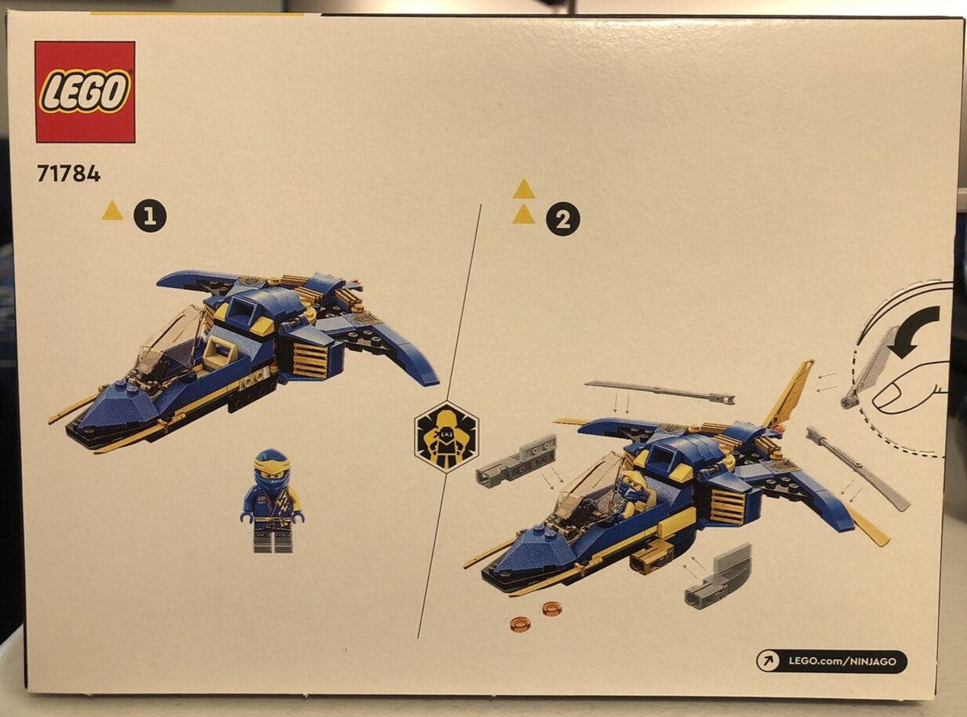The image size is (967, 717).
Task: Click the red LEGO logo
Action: click(x=85, y=92)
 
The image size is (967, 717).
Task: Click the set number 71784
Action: click(x=68, y=173)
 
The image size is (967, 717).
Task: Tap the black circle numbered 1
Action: click(x=150, y=215)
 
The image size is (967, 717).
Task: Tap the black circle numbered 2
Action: click(x=562, y=219)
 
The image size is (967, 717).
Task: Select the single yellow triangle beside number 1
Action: click(x=113, y=211)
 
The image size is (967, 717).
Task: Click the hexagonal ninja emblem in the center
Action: click(x=446, y=436)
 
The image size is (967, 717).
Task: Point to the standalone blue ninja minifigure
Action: click(x=272, y=501)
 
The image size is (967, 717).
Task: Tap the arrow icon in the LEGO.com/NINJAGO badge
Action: click(x=768, y=661)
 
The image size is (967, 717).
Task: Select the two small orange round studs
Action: click(x=536, y=615)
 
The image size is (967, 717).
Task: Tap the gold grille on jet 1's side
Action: click(x=309, y=360)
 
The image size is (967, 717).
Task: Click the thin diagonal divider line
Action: click(x=449, y=419)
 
